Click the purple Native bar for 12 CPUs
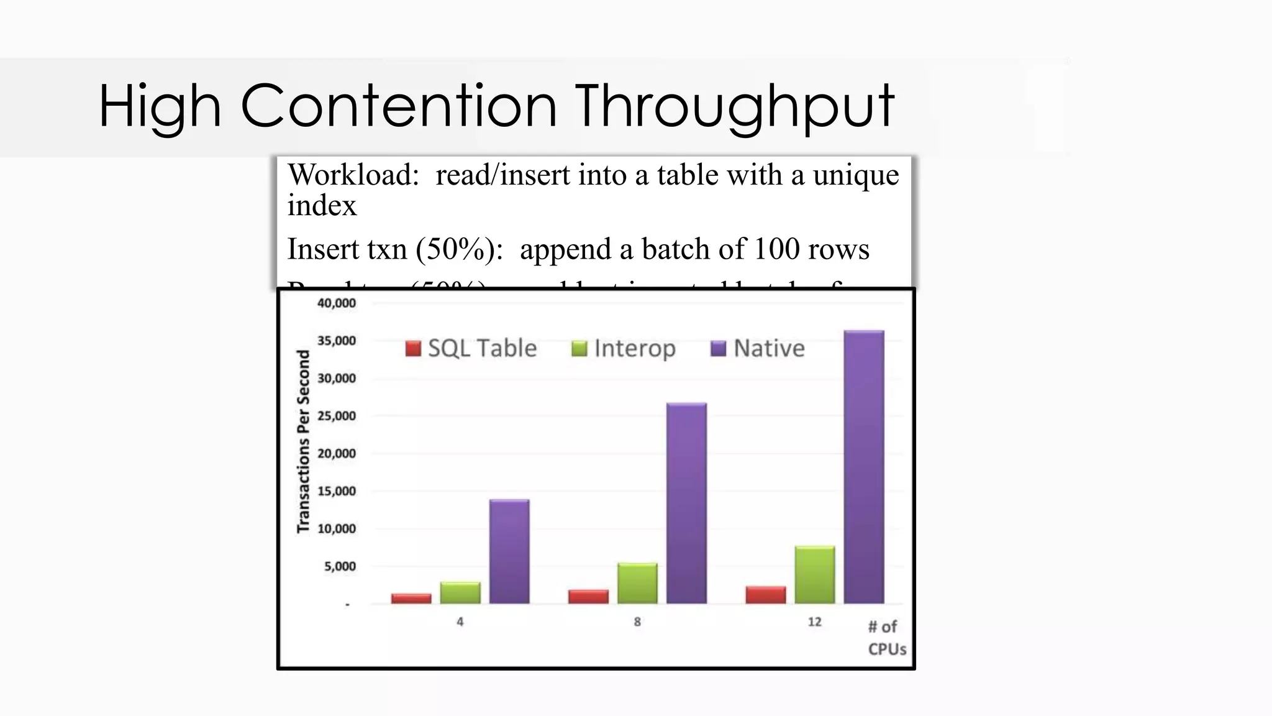863,466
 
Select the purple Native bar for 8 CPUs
686,503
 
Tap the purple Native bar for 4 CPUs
509,551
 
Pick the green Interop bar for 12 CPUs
814,575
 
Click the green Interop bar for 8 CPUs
637,583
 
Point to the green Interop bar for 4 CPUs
460,593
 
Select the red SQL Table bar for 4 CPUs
411,599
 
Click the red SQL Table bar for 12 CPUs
765,595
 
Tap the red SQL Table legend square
413,349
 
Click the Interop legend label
634,349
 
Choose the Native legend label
769,349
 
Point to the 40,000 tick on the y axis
337,303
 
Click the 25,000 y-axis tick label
337,416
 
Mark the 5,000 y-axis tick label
340,566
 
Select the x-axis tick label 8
637,622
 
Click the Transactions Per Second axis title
303,441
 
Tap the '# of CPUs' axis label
886,638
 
